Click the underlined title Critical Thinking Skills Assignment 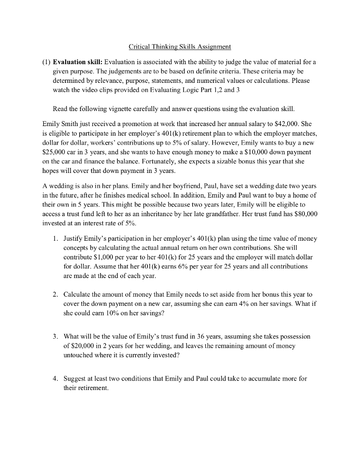(x=180, y=46)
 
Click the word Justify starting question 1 (x=74, y=238)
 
